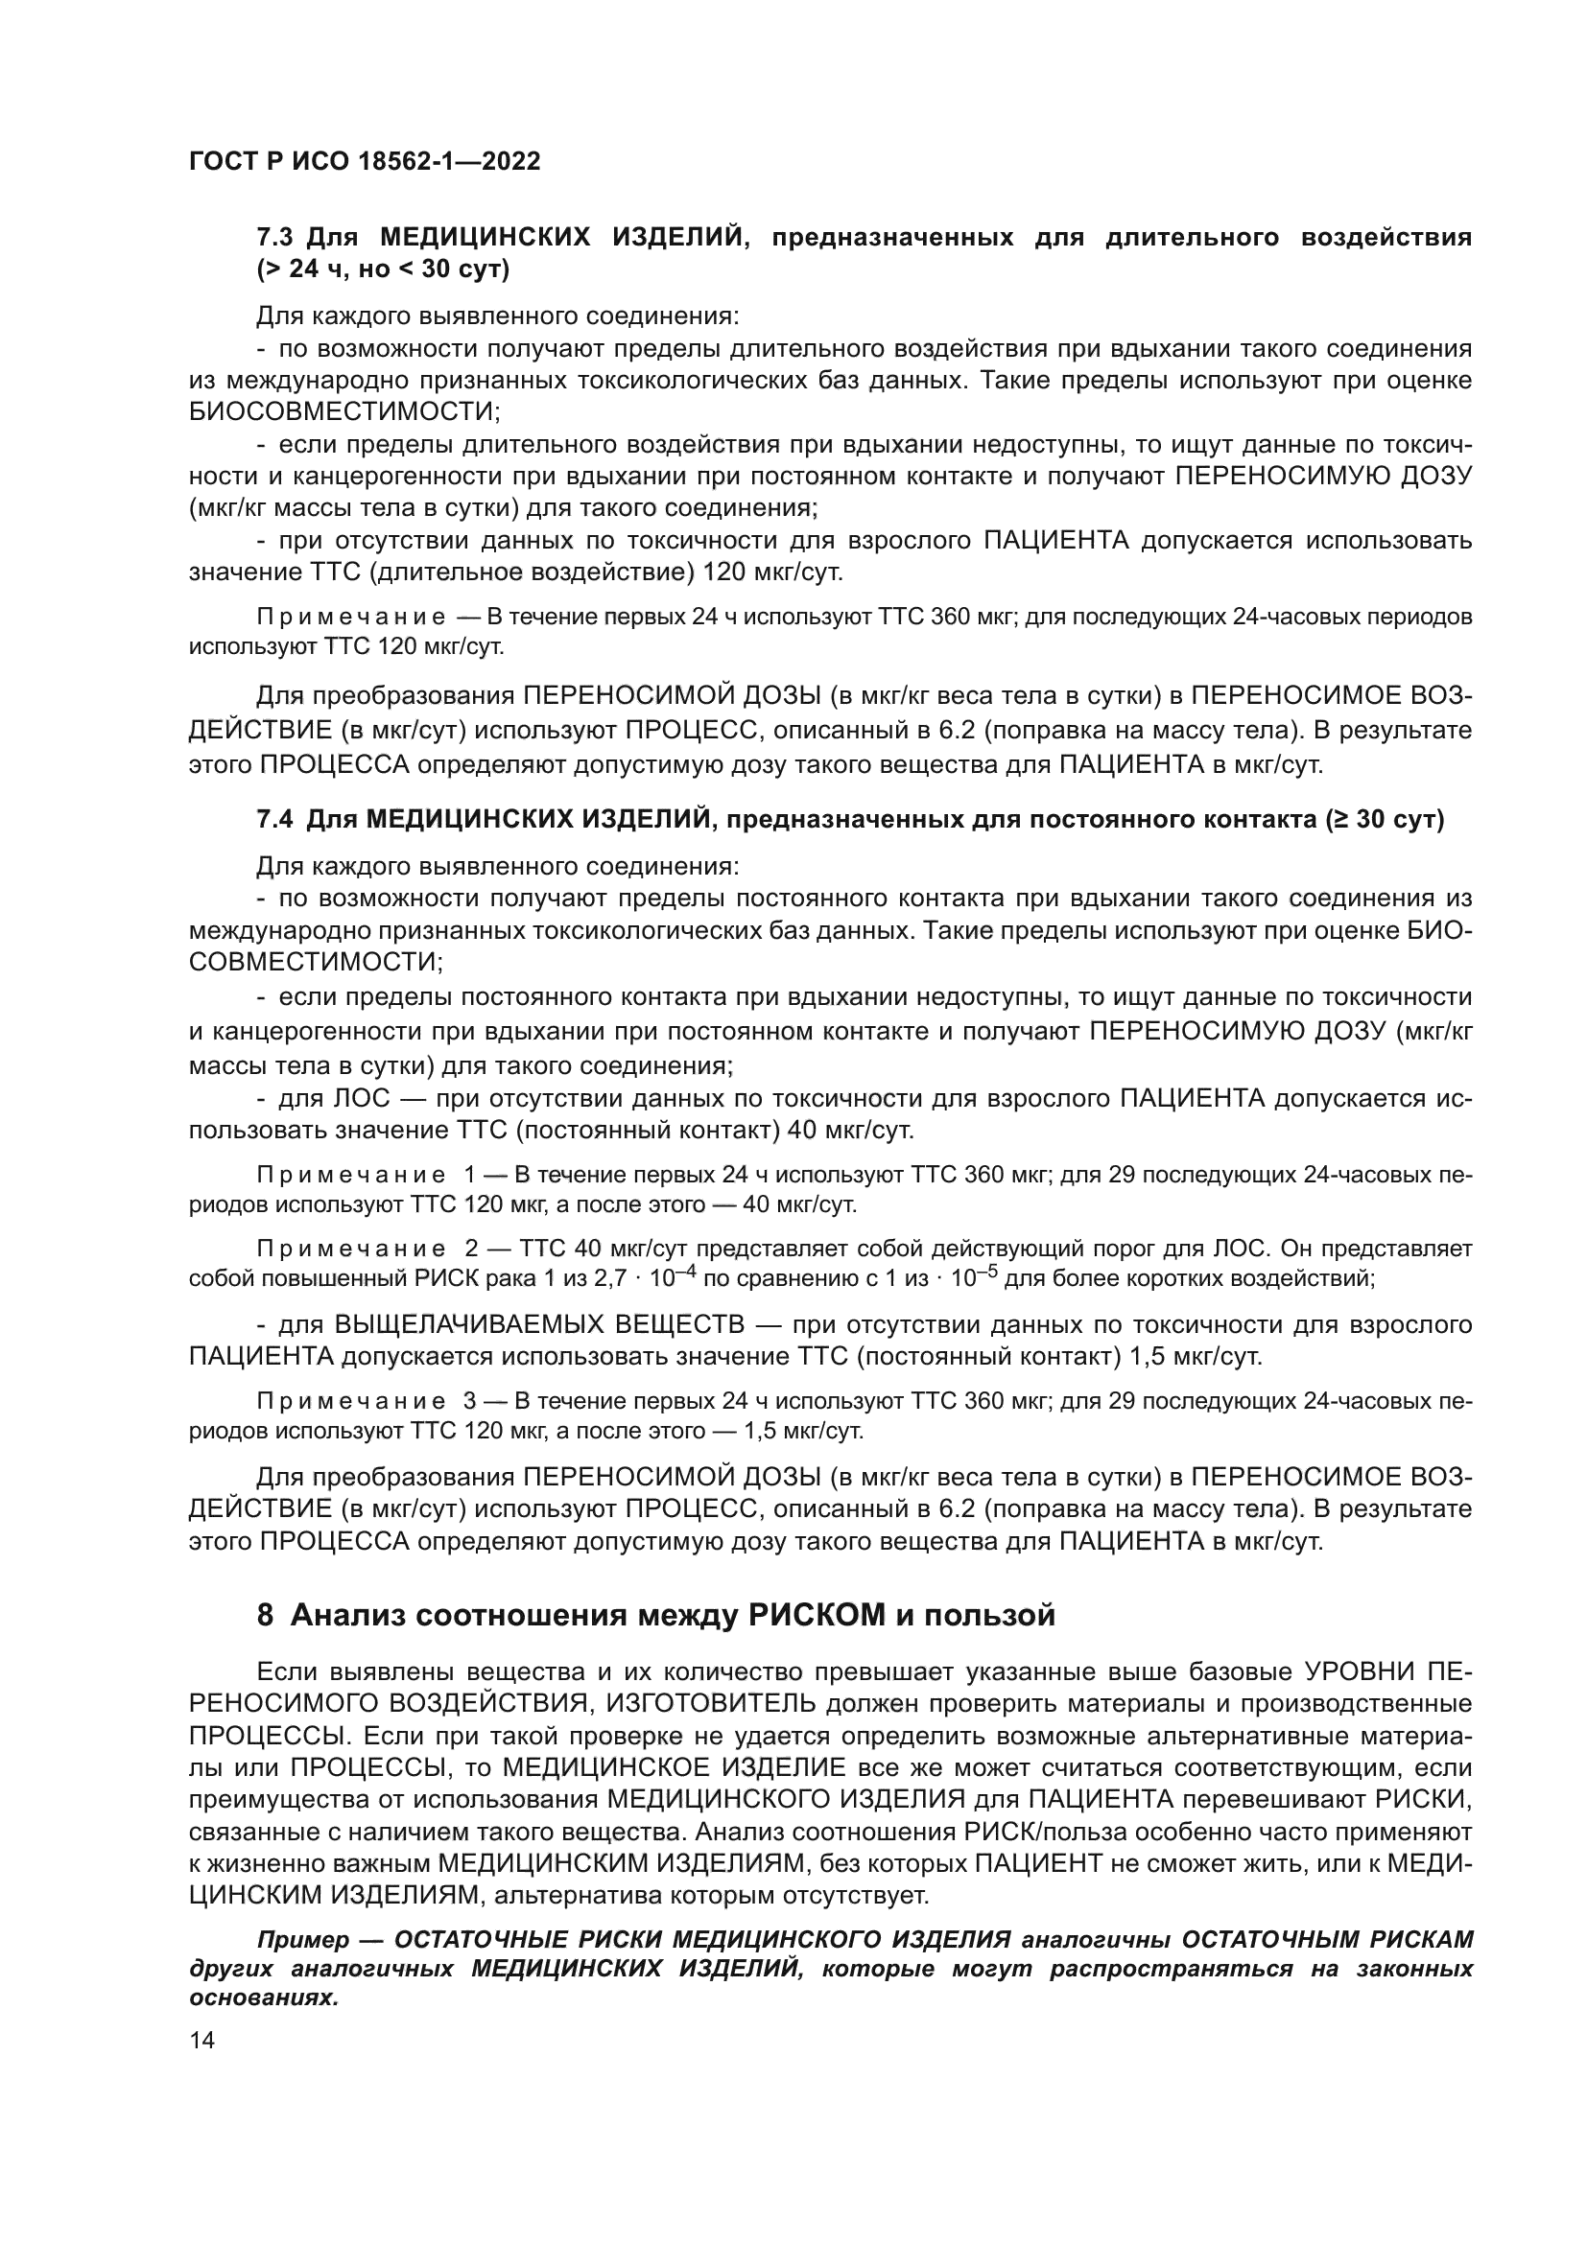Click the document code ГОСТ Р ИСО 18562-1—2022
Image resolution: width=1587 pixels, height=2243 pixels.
click(x=364, y=162)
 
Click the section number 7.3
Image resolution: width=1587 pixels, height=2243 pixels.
click(x=274, y=238)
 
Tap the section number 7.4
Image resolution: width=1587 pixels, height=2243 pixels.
click(x=274, y=820)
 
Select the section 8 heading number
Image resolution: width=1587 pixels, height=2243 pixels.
click(x=265, y=1615)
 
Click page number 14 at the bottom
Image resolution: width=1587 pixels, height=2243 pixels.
click(x=202, y=2041)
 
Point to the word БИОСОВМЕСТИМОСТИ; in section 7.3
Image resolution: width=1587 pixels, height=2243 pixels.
click(x=344, y=411)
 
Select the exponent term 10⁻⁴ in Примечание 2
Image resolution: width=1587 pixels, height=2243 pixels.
click(x=675, y=1276)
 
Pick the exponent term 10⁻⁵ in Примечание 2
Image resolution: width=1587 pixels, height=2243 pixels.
click(x=976, y=1276)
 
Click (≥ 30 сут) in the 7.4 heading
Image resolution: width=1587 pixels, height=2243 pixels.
click(x=1385, y=820)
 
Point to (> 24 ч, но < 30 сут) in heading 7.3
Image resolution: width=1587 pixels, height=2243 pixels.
click(x=383, y=269)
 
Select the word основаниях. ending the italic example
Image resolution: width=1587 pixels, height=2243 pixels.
click(x=264, y=1998)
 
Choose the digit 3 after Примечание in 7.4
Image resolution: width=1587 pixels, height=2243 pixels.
click(x=470, y=1401)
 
